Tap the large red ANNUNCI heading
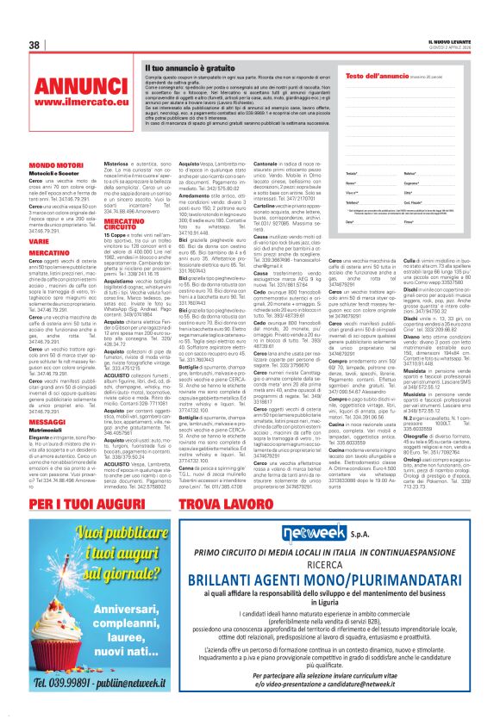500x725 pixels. pyautogui.click(x=72, y=88)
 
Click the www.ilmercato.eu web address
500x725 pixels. pyautogui.click(x=72, y=103)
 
